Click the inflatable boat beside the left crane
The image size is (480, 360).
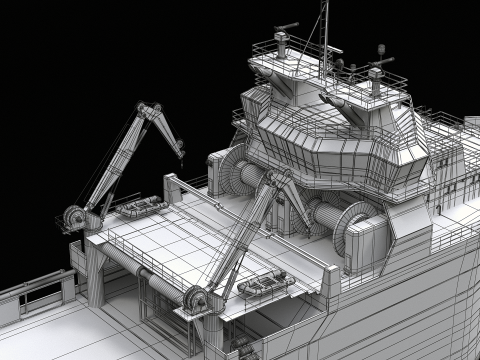pyautogui.click(x=137, y=208)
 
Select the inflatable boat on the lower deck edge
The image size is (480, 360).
pyautogui.click(x=266, y=285)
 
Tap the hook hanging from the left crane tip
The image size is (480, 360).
pyautogui.click(x=182, y=152)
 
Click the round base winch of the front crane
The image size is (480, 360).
pyautogui.click(x=196, y=298)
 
